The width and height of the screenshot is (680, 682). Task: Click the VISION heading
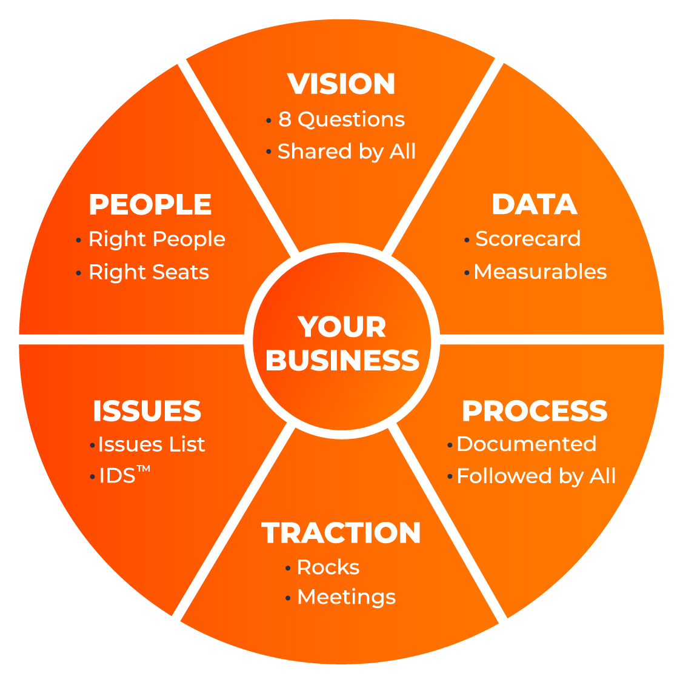(341, 84)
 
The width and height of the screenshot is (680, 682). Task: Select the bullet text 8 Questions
(341, 119)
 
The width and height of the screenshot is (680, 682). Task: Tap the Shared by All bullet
(347, 152)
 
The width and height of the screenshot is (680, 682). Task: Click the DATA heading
(534, 204)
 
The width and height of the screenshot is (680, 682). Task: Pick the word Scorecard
(528, 239)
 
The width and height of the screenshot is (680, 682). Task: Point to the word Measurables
(540, 272)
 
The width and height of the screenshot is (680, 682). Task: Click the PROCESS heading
(535, 411)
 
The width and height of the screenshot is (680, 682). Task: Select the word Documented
(526, 444)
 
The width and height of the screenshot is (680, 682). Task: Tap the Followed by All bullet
(536, 476)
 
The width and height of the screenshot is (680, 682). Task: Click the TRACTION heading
(341, 533)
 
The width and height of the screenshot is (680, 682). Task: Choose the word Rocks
(328, 567)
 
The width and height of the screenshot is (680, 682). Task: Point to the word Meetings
(346, 597)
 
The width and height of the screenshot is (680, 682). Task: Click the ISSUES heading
(147, 412)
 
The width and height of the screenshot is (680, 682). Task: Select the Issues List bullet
(152, 444)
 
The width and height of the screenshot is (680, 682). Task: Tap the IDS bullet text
(117, 476)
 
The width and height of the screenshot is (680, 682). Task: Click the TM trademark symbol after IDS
(144, 469)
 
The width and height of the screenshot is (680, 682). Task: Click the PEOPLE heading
(150, 204)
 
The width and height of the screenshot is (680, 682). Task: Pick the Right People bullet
(157, 239)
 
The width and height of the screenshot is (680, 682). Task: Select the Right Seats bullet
(148, 272)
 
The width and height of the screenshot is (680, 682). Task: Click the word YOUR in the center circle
(342, 327)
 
